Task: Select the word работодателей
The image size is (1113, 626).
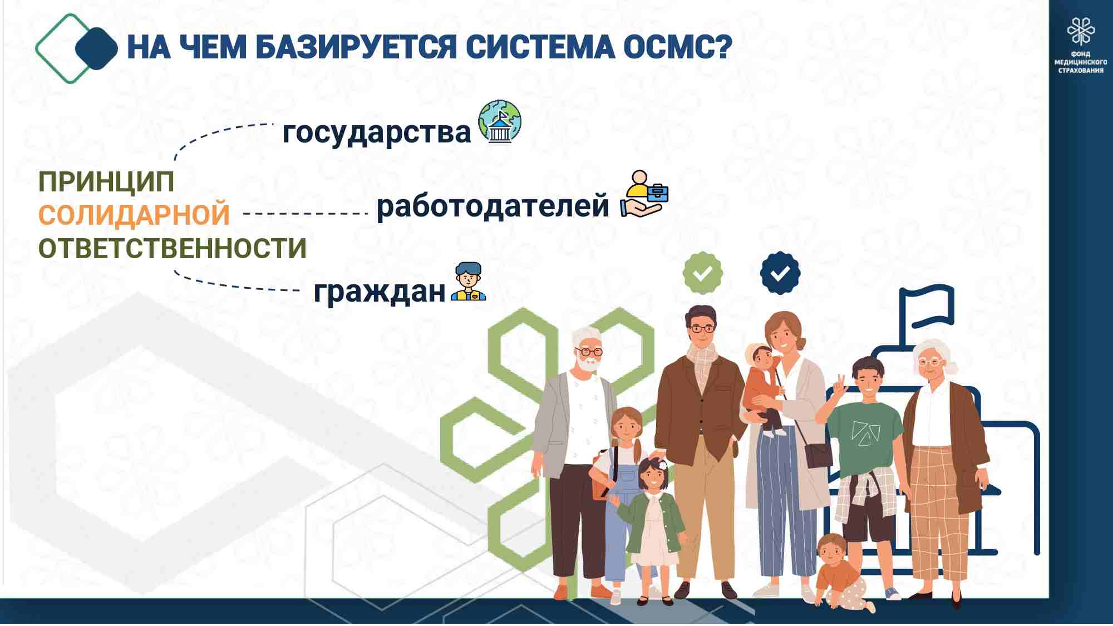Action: (x=493, y=206)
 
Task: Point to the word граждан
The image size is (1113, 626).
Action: (x=380, y=291)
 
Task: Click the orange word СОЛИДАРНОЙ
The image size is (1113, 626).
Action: (x=134, y=215)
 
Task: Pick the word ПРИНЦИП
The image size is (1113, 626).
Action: (x=106, y=182)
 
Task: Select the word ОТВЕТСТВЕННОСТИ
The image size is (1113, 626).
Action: (x=173, y=248)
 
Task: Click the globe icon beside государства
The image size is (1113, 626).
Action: (x=500, y=121)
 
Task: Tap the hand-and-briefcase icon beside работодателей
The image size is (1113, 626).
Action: (x=644, y=194)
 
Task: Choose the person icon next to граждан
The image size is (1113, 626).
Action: (x=468, y=282)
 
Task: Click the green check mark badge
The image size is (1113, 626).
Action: (x=703, y=273)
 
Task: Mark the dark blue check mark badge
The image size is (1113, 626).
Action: (x=780, y=273)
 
